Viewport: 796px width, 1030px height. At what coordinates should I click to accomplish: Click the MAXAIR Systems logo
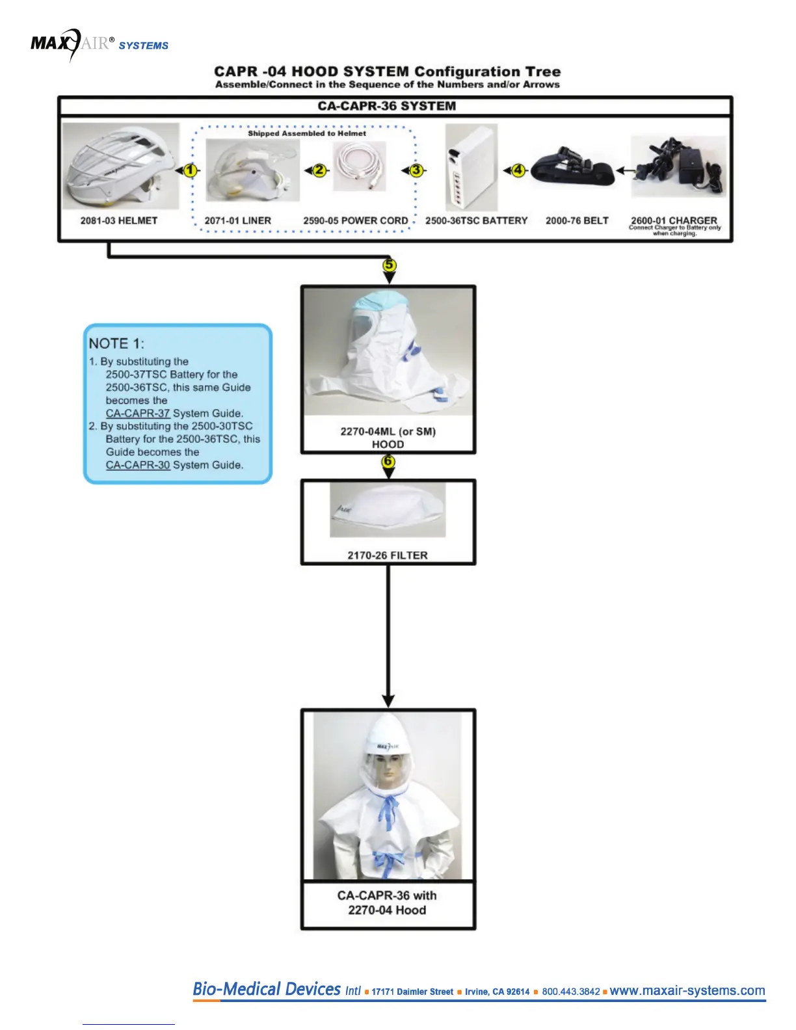coord(99,44)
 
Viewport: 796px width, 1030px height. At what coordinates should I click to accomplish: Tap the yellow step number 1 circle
coord(190,170)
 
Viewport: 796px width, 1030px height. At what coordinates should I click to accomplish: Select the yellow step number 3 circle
coord(416,170)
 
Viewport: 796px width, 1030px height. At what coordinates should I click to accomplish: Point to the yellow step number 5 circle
coord(389,265)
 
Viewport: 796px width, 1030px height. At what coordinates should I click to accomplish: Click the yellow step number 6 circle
coord(388,462)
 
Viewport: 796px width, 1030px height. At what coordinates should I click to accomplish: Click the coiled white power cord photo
coord(359,166)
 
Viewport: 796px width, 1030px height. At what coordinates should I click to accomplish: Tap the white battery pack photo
coord(471,167)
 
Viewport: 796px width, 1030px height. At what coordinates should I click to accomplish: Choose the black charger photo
coord(678,166)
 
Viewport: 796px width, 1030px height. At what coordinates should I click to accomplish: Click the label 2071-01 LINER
coord(237,221)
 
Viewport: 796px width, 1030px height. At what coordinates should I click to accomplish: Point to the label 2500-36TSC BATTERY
coord(476,221)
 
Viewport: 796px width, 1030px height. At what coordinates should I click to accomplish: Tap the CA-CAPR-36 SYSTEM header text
coord(386,106)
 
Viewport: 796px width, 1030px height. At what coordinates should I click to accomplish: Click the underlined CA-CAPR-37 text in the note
coord(138,414)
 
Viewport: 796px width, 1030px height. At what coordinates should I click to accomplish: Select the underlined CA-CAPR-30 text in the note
coord(138,466)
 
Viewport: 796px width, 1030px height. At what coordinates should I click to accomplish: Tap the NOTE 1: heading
coord(116,343)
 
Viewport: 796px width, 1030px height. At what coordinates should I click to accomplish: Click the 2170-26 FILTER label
coord(388,555)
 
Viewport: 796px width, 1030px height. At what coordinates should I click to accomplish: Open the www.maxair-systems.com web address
coord(687,990)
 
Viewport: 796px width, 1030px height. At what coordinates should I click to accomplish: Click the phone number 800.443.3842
coord(571,992)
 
